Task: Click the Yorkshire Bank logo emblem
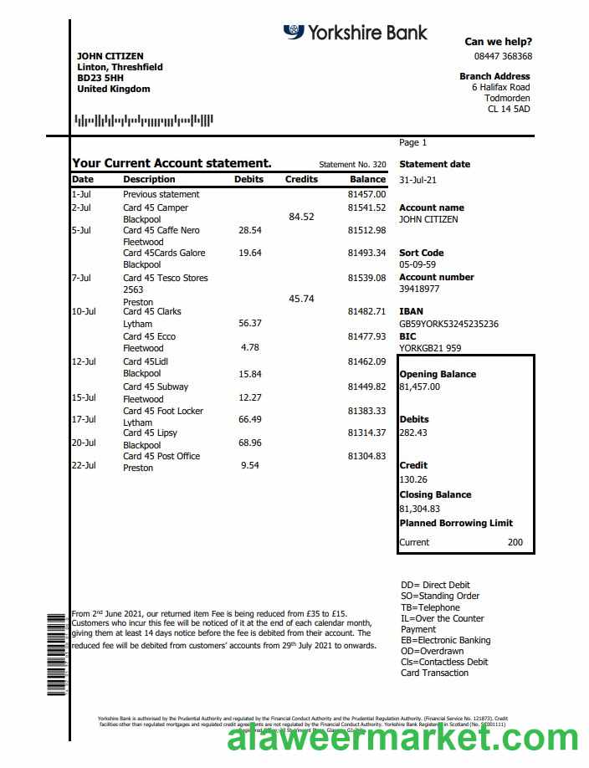293,33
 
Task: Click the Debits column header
248,179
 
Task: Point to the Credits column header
301,179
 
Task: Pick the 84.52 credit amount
301,217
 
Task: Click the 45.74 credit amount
301,299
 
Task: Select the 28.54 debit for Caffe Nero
250,230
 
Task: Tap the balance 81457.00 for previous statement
366,194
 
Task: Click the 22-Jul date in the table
84,465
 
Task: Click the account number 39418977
419,289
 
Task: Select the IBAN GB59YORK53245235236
448,324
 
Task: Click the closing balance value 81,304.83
419,509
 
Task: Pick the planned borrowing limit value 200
515,542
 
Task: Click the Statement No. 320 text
352,165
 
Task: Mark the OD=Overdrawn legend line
432,651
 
